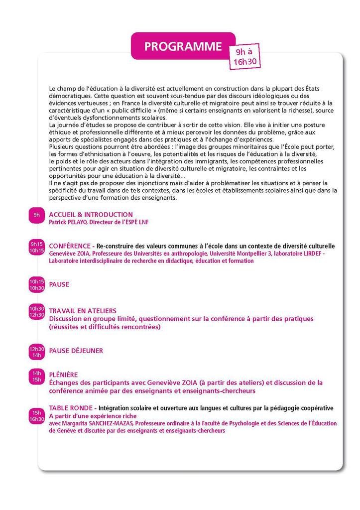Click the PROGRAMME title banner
(x=183, y=46)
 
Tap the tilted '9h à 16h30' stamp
(x=244, y=57)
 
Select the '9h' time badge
(x=36, y=215)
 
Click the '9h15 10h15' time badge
(x=37, y=248)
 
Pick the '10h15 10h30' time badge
(x=37, y=284)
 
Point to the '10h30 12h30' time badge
(x=37, y=311)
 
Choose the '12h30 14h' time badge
(x=37, y=352)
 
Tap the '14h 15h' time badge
(x=37, y=376)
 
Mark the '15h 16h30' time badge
(x=37, y=416)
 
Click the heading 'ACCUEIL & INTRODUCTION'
(x=91, y=215)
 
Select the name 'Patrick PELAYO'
(x=68, y=222)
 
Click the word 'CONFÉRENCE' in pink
(x=69, y=246)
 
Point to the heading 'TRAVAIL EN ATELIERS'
(x=83, y=311)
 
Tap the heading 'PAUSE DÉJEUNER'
(x=76, y=351)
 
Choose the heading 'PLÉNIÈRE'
(x=63, y=375)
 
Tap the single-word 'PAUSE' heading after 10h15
(x=59, y=284)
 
